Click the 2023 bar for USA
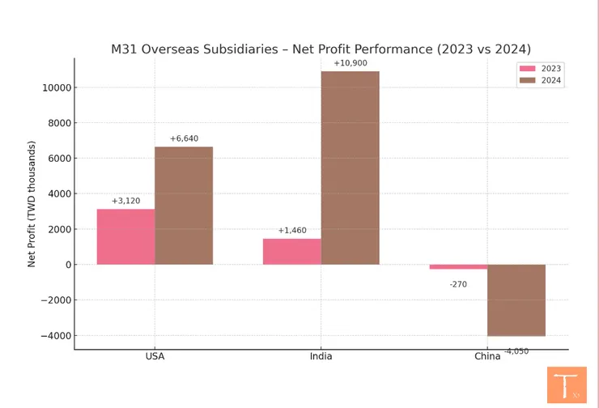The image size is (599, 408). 125,236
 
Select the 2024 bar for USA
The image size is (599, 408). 184,206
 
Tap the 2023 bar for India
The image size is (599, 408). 291,251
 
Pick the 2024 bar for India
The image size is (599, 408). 350,168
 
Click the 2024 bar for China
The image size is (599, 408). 516,300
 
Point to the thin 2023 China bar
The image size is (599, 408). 458,266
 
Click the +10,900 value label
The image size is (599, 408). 350,63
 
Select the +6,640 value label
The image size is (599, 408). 184,138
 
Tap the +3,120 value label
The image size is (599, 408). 126,201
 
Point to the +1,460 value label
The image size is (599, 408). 292,231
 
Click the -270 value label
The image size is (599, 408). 459,284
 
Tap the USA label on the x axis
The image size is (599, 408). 155,356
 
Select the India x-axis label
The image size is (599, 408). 321,356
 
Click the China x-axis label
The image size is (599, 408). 487,356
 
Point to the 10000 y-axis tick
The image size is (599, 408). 57,87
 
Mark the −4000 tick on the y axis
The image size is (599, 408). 55,336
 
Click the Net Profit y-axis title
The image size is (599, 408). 32,204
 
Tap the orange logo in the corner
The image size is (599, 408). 566,385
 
